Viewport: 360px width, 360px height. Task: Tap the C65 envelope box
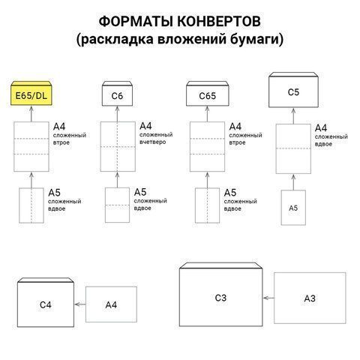[206, 96]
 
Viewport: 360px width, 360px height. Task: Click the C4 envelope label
[45, 304]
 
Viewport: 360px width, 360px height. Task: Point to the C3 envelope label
[220, 298]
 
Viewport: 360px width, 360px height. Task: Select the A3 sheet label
[310, 298]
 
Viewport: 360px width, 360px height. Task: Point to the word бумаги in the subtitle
[255, 38]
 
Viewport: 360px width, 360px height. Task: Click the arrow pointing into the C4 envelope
[79, 304]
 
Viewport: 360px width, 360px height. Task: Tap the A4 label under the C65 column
[235, 126]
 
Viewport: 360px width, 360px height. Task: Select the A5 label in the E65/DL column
[54, 193]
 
